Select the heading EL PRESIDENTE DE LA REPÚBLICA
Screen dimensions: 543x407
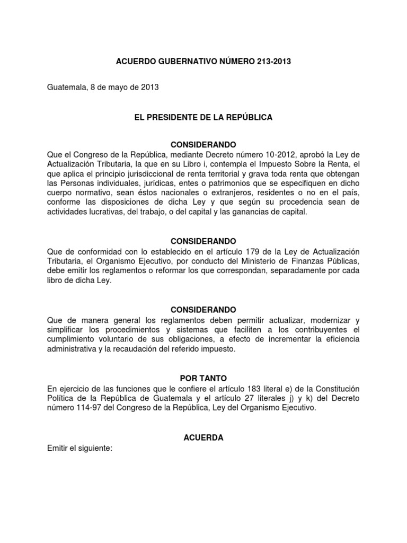203,117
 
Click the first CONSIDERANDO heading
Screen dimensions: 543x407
203,145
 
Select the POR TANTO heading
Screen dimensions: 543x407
203,378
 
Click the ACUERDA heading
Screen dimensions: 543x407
203,437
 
